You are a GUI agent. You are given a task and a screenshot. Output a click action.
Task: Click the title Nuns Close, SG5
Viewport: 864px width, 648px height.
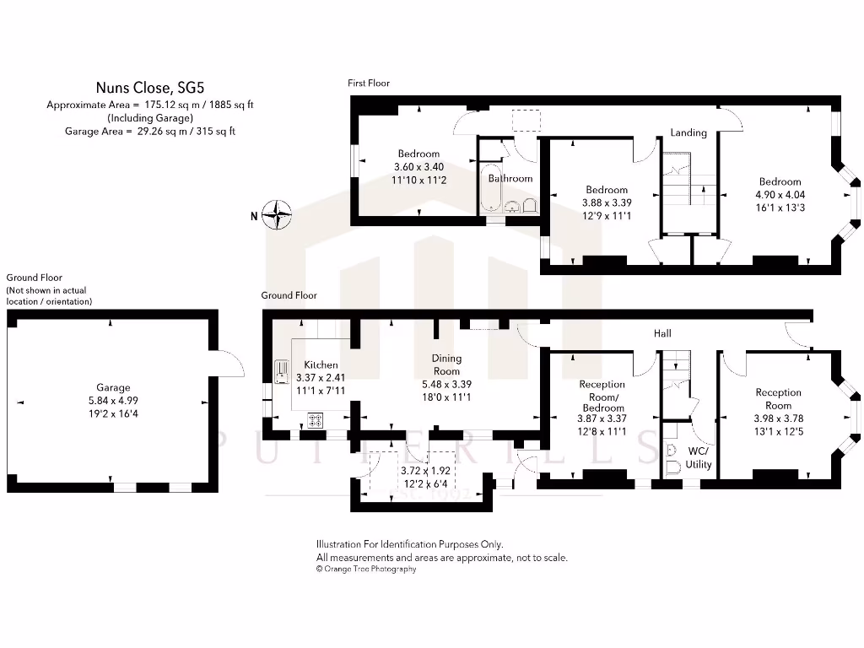[x=150, y=87]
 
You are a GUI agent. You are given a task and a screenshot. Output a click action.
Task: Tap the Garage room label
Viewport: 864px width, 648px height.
[x=113, y=388]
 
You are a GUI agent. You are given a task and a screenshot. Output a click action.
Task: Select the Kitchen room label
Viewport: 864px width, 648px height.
[x=321, y=365]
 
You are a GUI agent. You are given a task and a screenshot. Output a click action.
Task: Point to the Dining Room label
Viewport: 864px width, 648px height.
[x=446, y=365]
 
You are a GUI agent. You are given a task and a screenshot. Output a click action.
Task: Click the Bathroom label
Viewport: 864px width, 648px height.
[x=510, y=179]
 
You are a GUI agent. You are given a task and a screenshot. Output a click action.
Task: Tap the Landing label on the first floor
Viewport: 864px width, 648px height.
[x=688, y=133]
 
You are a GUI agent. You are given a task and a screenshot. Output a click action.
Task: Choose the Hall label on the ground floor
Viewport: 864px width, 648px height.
[x=662, y=334]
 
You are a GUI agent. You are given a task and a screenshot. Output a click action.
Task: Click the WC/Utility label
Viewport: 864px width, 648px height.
[x=699, y=458]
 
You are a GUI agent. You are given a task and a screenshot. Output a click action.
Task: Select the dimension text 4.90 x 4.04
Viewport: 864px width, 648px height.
[x=780, y=194]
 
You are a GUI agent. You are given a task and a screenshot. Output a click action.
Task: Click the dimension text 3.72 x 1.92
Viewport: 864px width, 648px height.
[x=425, y=471]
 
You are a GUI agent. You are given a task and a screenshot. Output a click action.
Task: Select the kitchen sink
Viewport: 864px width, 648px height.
[x=281, y=372]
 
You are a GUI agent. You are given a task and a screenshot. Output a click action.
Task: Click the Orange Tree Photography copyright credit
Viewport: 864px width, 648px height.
[x=366, y=570]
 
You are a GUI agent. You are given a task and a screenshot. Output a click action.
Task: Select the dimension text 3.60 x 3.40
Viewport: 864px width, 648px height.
[x=418, y=167]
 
